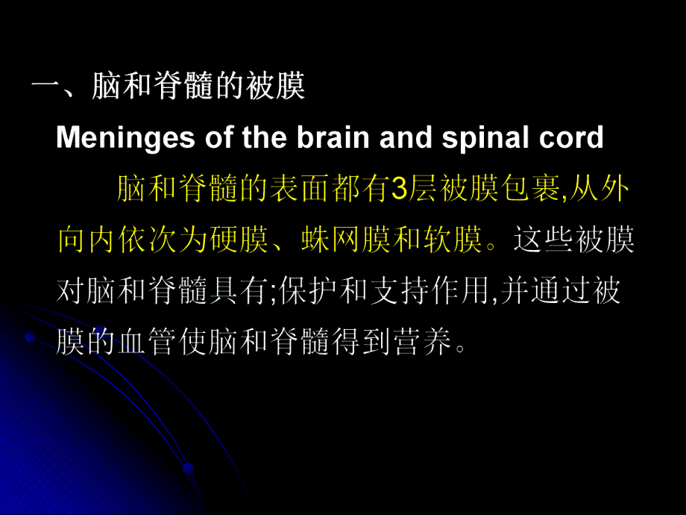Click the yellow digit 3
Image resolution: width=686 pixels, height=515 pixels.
[398, 191]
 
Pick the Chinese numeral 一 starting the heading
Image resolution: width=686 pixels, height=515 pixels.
[44, 88]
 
